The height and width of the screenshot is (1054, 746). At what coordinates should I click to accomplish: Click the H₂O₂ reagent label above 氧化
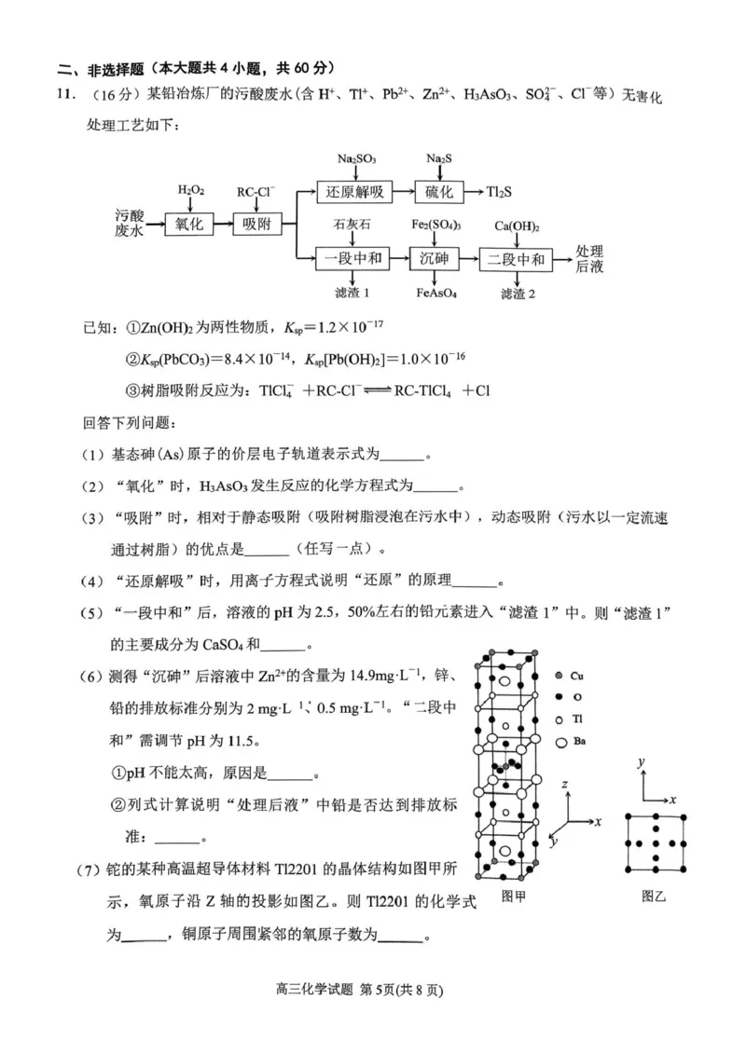(190, 190)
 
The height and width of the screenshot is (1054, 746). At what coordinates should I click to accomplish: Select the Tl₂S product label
(499, 192)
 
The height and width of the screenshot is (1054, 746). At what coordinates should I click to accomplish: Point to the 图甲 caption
(514, 896)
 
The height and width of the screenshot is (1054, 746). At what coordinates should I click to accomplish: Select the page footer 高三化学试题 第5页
(372, 991)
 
